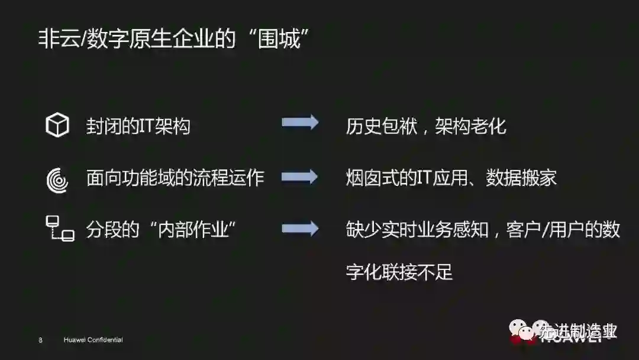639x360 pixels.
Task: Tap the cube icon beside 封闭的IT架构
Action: pyautogui.click(x=57, y=126)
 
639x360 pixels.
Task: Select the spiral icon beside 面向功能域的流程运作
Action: pyautogui.click(x=57, y=179)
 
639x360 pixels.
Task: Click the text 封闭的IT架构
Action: pyautogui.click(x=138, y=126)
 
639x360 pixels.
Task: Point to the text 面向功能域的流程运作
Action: pyautogui.click(x=175, y=178)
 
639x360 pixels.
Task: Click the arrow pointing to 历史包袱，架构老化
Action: pyautogui.click(x=300, y=123)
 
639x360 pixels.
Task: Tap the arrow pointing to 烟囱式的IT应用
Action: pyautogui.click(x=300, y=177)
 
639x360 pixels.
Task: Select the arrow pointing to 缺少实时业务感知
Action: pyautogui.click(x=300, y=229)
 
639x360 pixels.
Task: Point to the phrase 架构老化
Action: pyautogui.click(x=471, y=126)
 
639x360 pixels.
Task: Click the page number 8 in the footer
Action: pyautogui.click(x=40, y=340)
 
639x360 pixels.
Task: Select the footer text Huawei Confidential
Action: pyautogui.click(x=93, y=340)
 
